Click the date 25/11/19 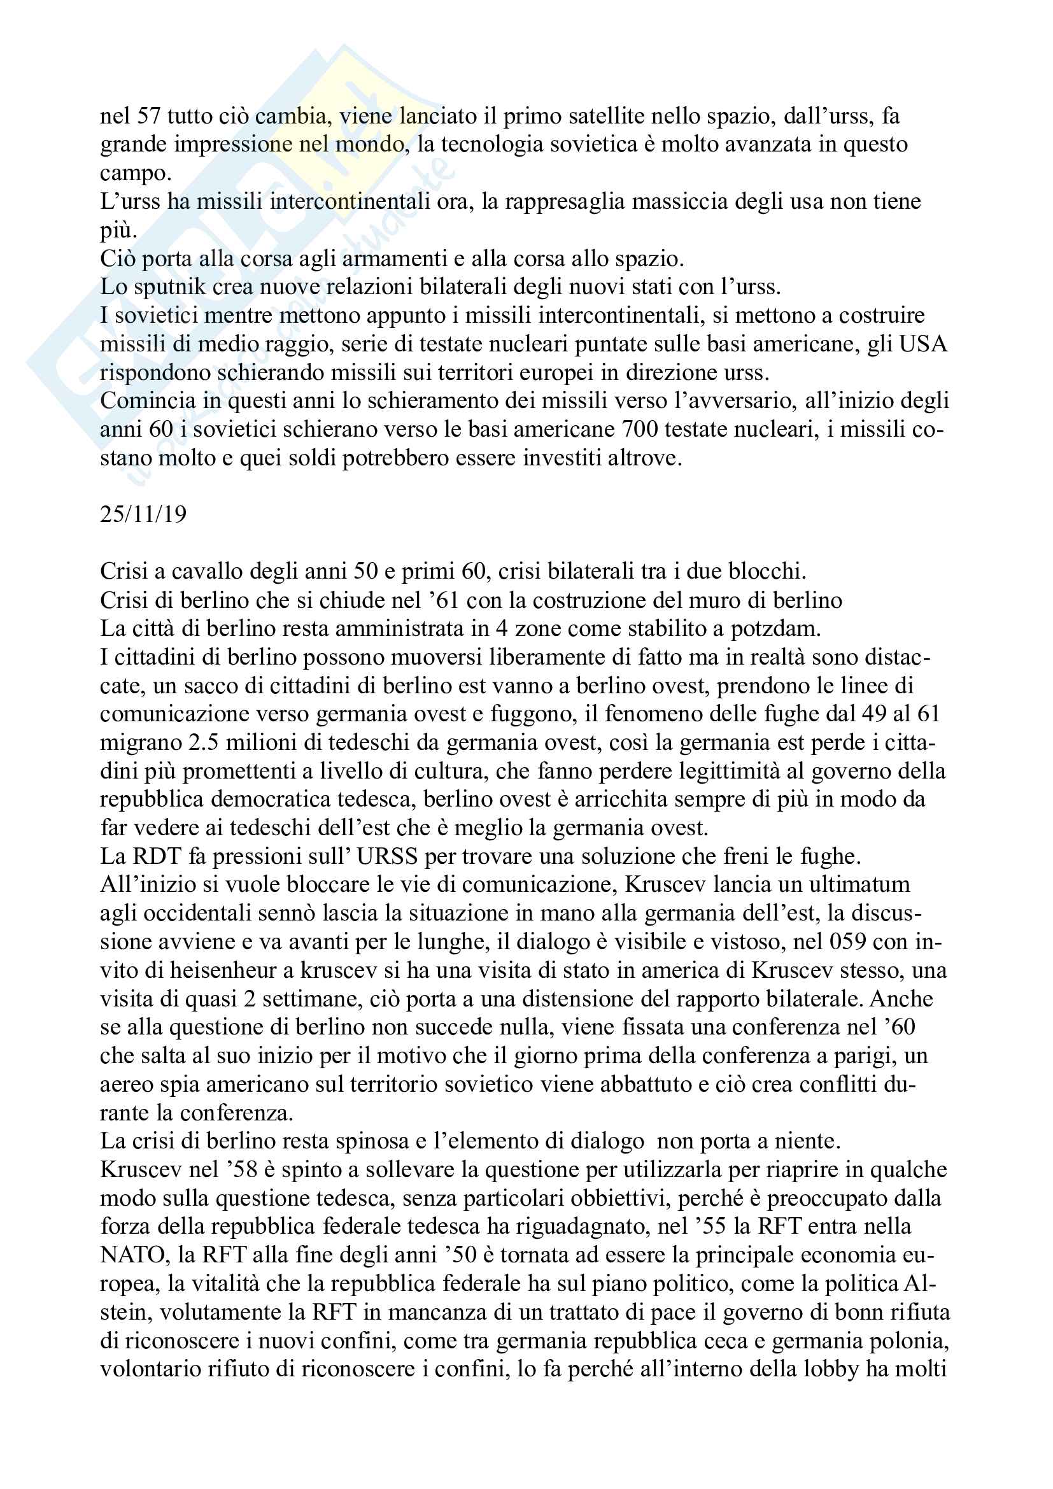click(143, 514)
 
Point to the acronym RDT click(157, 857)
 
